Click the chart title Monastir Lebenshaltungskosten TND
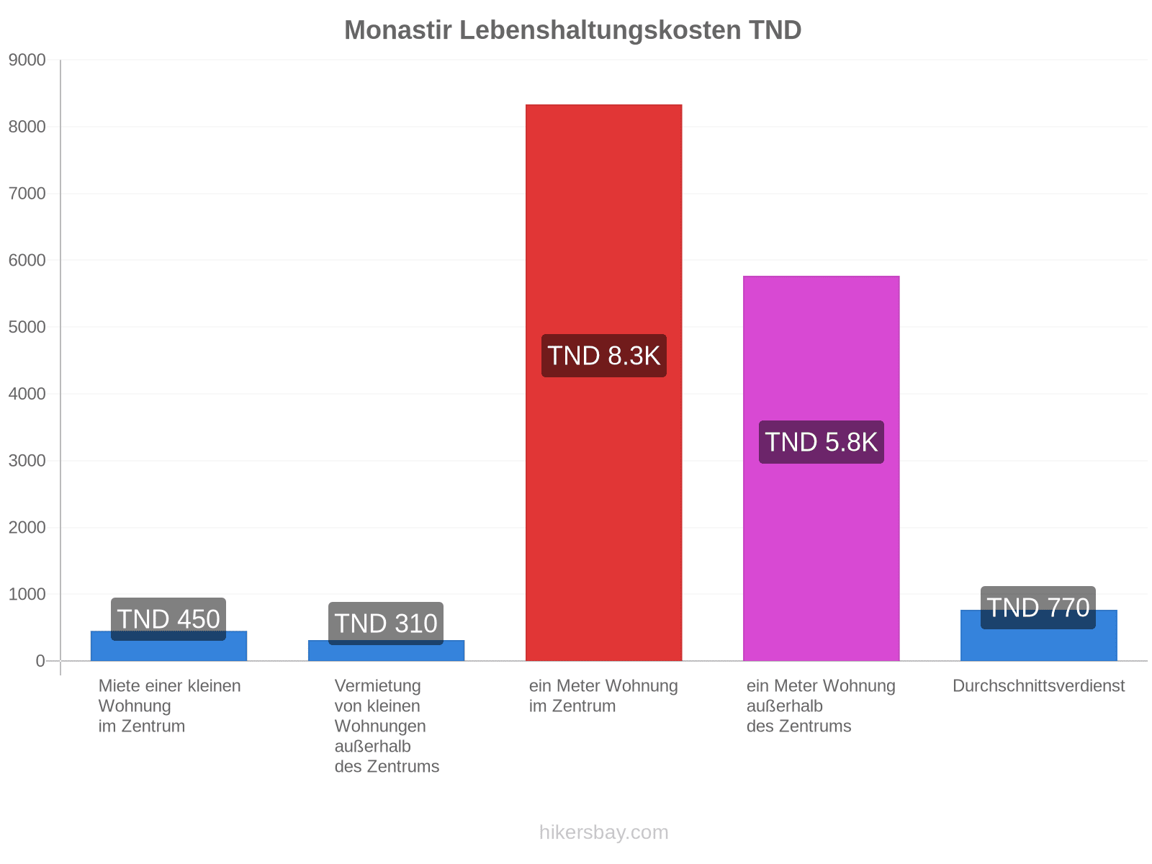[572, 30]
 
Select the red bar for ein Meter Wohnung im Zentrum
[603, 382]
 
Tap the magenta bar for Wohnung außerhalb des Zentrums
[822, 469]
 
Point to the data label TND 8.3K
[603, 356]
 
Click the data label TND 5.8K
[822, 442]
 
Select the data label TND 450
[168, 619]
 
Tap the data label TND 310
[386, 624]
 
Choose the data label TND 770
[1038, 608]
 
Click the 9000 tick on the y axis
[27, 60]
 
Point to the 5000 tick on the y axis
[27, 327]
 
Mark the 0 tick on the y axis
[40, 661]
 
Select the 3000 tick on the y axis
[27, 461]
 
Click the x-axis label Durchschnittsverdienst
[1039, 685]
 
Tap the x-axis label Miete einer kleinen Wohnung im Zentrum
[169, 706]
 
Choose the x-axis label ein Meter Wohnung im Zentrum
[603, 696]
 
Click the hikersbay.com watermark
[603, 832]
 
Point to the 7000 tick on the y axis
[27, 194]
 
